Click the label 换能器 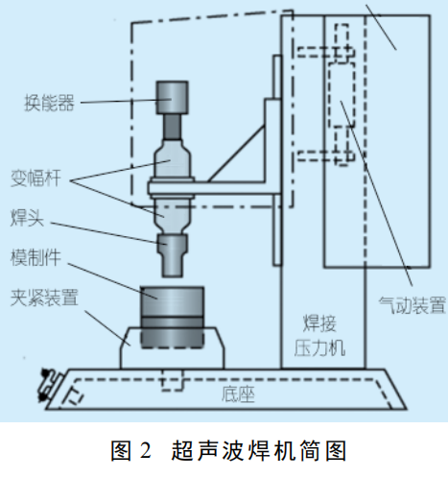point(49,103)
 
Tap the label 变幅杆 point(35,178)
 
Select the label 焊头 point(27,218)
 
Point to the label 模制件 point(35,257)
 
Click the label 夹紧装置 point(44,298)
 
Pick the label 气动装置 point(413,305)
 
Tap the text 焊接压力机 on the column point(319,336)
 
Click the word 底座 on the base point(238,394)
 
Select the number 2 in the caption point(145,450)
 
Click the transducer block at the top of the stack point(172,98)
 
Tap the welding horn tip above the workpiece point(173,255)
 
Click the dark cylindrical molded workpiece point(172,317)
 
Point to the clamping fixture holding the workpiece point(173,348)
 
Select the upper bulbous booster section point(173,159)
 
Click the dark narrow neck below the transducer point(173,127)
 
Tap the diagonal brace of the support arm point(236,154)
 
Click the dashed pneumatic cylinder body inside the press point(342,94)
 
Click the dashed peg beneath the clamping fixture point(173,380)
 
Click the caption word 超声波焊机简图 point(259,450)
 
